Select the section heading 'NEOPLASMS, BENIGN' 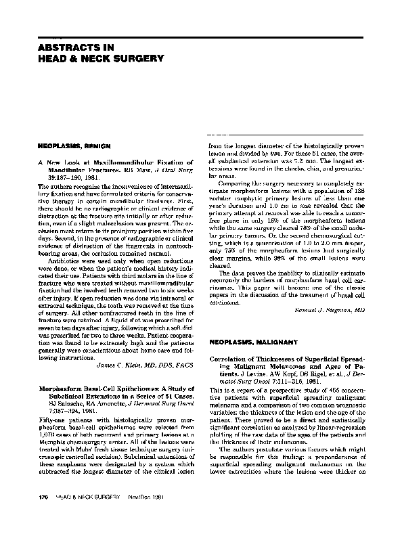pyautogui.click(x=69, y=146)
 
